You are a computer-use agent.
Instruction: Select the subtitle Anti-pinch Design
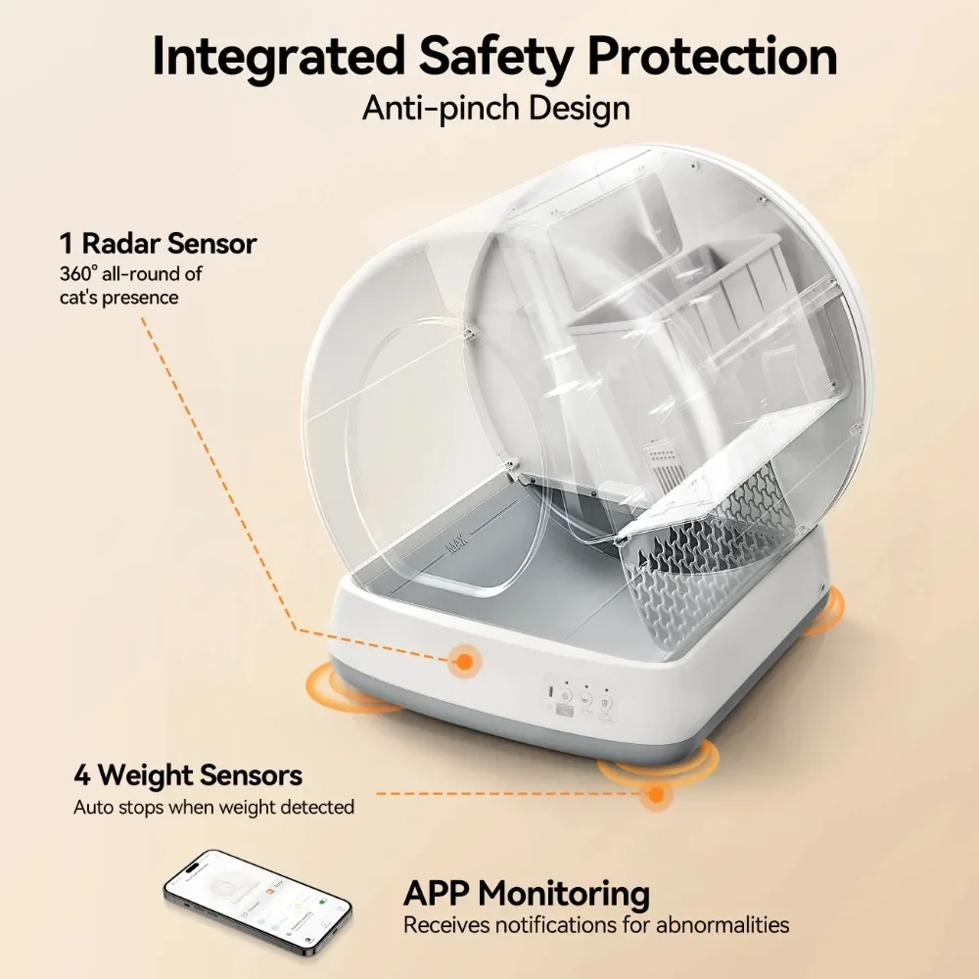click(x=495, y=107)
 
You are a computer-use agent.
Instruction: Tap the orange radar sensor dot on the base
click(x=464, y=663)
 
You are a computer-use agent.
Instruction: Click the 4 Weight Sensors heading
click(x=188, y=775)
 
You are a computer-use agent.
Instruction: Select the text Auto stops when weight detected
click(x=213, y=808)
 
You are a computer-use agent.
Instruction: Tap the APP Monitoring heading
click(x=527, y=893)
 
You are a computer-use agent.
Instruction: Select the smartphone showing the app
click(x=256, y=902)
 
